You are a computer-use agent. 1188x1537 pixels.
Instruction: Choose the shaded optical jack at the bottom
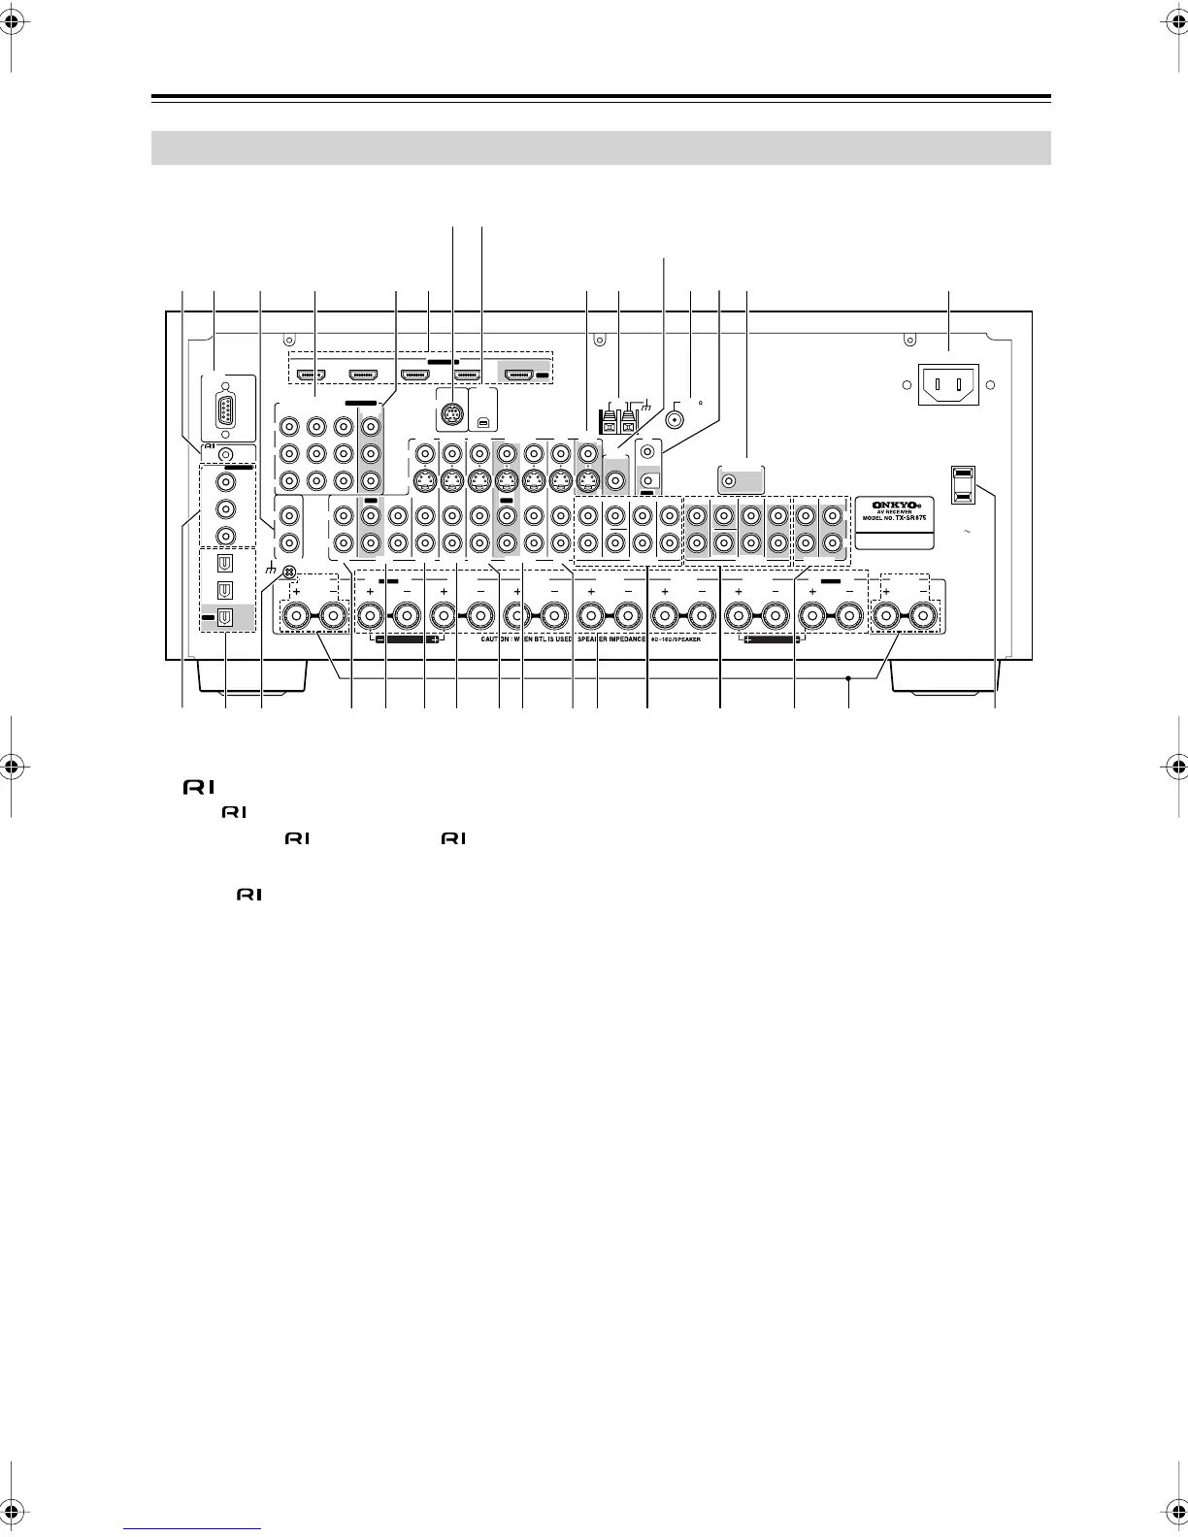click(225, 615)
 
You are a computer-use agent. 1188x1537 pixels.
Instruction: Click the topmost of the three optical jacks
click(225, 563)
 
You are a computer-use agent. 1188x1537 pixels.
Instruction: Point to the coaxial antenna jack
click(676, 422)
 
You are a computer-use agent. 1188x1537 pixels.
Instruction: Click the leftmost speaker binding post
click(297, 614)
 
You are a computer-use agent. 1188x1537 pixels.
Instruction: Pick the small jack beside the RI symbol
click(226, 453)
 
